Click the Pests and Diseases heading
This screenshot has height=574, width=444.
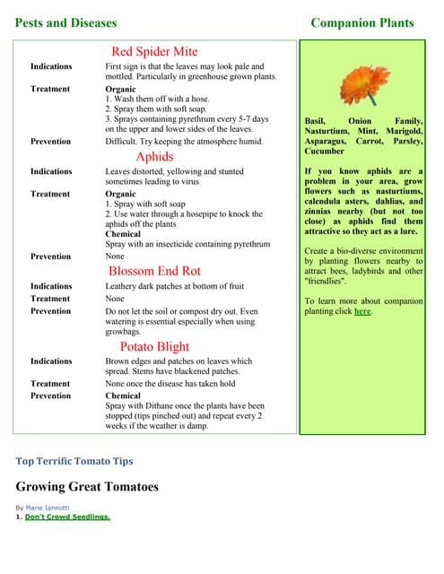point(65,22)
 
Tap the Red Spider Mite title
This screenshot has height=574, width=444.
point(154,51)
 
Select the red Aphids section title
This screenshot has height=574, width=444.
point(154,156)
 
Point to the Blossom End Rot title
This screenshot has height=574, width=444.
point(154,270)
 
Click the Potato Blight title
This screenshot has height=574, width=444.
point(154,346)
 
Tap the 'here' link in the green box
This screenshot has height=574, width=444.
point(361,311)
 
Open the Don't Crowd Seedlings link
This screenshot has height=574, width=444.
point(67,517)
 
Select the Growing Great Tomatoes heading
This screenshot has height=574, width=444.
point(87,487)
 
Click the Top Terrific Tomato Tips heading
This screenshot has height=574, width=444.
point(74,461)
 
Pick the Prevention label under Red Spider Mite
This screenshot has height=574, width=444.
point(50,142)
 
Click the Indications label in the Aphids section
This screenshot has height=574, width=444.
point(51,171)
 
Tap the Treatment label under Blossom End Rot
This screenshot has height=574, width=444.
point(50,299)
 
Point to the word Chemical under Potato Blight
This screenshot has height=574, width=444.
point(123,396)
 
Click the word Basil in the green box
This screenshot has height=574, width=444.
point(315,120)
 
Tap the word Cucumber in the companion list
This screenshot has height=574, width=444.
point(324,152)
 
